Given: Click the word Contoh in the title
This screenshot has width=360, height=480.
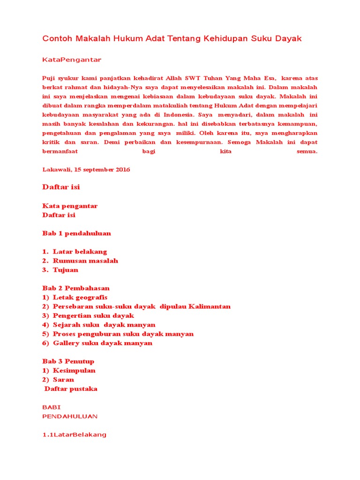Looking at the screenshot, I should [57, 38].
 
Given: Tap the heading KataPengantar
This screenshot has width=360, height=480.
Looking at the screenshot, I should [72, 60].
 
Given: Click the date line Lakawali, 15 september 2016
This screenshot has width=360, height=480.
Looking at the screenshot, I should [86, 169].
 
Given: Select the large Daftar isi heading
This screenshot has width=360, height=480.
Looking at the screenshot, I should [61, 187].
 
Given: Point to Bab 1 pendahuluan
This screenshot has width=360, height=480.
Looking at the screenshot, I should [76, 233].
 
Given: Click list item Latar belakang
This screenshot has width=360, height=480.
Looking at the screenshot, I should [80, 252].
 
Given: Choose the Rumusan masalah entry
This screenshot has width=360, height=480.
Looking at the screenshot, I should [85, 261].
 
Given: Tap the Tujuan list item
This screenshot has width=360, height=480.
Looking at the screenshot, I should [66, 270].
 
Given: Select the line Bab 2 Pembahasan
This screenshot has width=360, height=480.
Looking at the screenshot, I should [76, 288].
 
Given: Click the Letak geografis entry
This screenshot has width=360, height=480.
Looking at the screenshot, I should [80, 297].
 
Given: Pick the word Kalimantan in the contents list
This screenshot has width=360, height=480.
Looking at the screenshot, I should [210, 307].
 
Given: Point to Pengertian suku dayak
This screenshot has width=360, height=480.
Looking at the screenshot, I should [93, 315].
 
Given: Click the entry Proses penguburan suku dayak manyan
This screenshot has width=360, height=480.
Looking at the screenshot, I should [123, 334].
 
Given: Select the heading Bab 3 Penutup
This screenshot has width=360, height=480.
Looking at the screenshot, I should [68, 361].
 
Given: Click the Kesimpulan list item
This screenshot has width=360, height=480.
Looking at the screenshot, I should [74, 370].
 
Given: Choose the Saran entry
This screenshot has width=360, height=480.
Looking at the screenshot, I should [63, 380].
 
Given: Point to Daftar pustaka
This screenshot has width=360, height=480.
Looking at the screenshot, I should [71, 389].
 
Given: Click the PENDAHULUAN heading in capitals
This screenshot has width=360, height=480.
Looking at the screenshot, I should [70, 416].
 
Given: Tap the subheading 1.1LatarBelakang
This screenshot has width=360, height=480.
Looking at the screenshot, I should [74, 435].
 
